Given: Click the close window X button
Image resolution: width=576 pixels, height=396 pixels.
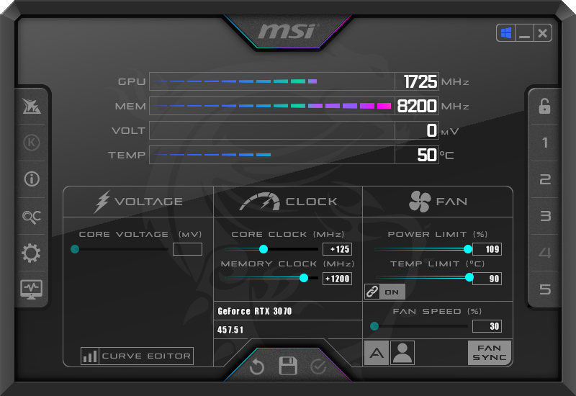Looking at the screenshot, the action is [542, 33].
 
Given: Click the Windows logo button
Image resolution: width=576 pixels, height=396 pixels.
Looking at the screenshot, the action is [505, 33].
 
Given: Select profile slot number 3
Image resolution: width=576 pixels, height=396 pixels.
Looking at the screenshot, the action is [545, 216].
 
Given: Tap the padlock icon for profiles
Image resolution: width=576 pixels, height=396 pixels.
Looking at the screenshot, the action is [545, 107].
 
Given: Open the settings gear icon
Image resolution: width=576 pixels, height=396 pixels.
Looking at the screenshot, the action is [32, 253].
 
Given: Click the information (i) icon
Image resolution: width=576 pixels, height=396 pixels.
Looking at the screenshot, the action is [32, 179].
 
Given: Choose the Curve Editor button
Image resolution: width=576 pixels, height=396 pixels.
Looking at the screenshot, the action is [137, 356].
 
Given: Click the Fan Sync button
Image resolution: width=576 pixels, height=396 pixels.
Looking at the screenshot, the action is [490, 353].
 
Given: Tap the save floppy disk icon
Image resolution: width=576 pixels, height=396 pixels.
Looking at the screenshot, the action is [288, 366].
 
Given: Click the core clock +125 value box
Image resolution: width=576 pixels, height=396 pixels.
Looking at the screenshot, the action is [337, 249].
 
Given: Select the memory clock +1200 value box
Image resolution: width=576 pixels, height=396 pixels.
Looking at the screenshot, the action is [337, 279].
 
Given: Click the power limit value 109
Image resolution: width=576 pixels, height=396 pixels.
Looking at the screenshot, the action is [487, 249].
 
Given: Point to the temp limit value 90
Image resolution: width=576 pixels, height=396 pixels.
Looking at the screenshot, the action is [487, 279].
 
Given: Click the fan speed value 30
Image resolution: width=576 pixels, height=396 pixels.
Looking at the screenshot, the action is [487, 326].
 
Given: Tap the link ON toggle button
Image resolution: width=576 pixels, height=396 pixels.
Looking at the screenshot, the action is [384, 292].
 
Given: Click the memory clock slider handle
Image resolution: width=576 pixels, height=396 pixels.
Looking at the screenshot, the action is [304, 278].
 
